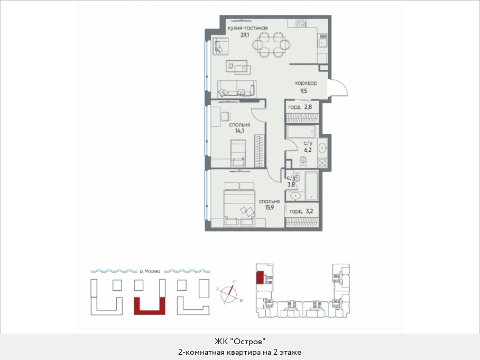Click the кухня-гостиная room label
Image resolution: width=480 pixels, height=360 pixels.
[247, 28]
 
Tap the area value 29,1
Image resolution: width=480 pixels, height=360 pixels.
[245, 35]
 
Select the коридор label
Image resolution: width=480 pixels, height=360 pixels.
[306, 83]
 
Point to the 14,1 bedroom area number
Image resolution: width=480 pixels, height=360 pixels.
[239, 131]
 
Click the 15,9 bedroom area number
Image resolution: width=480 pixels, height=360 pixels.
[270, 208]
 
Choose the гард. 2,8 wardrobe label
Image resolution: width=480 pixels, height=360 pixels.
[300, 107]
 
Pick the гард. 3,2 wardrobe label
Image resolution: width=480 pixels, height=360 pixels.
[301, 211]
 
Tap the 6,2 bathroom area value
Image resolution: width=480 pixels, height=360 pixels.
[308, 150]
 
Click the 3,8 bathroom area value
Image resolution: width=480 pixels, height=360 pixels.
[291, 184]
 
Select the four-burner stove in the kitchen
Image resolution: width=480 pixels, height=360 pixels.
[300, 24]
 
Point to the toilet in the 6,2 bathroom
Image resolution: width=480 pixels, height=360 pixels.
[303, 160]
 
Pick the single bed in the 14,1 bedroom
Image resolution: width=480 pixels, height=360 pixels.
[238, 154]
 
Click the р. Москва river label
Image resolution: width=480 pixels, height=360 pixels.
[150, 271]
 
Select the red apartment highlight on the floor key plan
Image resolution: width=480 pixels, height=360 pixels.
[260, 278]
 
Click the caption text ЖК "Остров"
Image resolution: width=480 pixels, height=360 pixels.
[239, 341]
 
